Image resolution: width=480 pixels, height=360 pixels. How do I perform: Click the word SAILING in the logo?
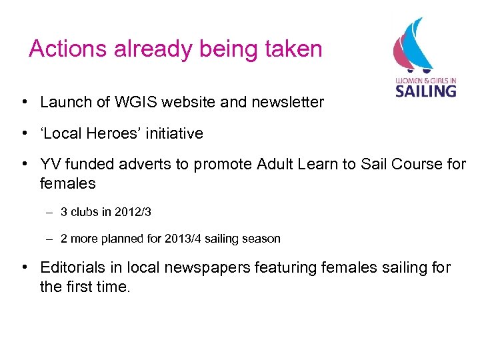(425, 90)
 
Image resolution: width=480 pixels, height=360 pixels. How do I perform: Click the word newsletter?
(287, 102)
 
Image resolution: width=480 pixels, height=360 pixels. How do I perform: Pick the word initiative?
(176, 133)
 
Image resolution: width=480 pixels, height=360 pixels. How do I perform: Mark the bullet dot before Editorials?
(23, 268)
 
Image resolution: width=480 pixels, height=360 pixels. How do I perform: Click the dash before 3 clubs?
(50, 212)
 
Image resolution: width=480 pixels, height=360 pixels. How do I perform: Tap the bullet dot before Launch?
(23, 102)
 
